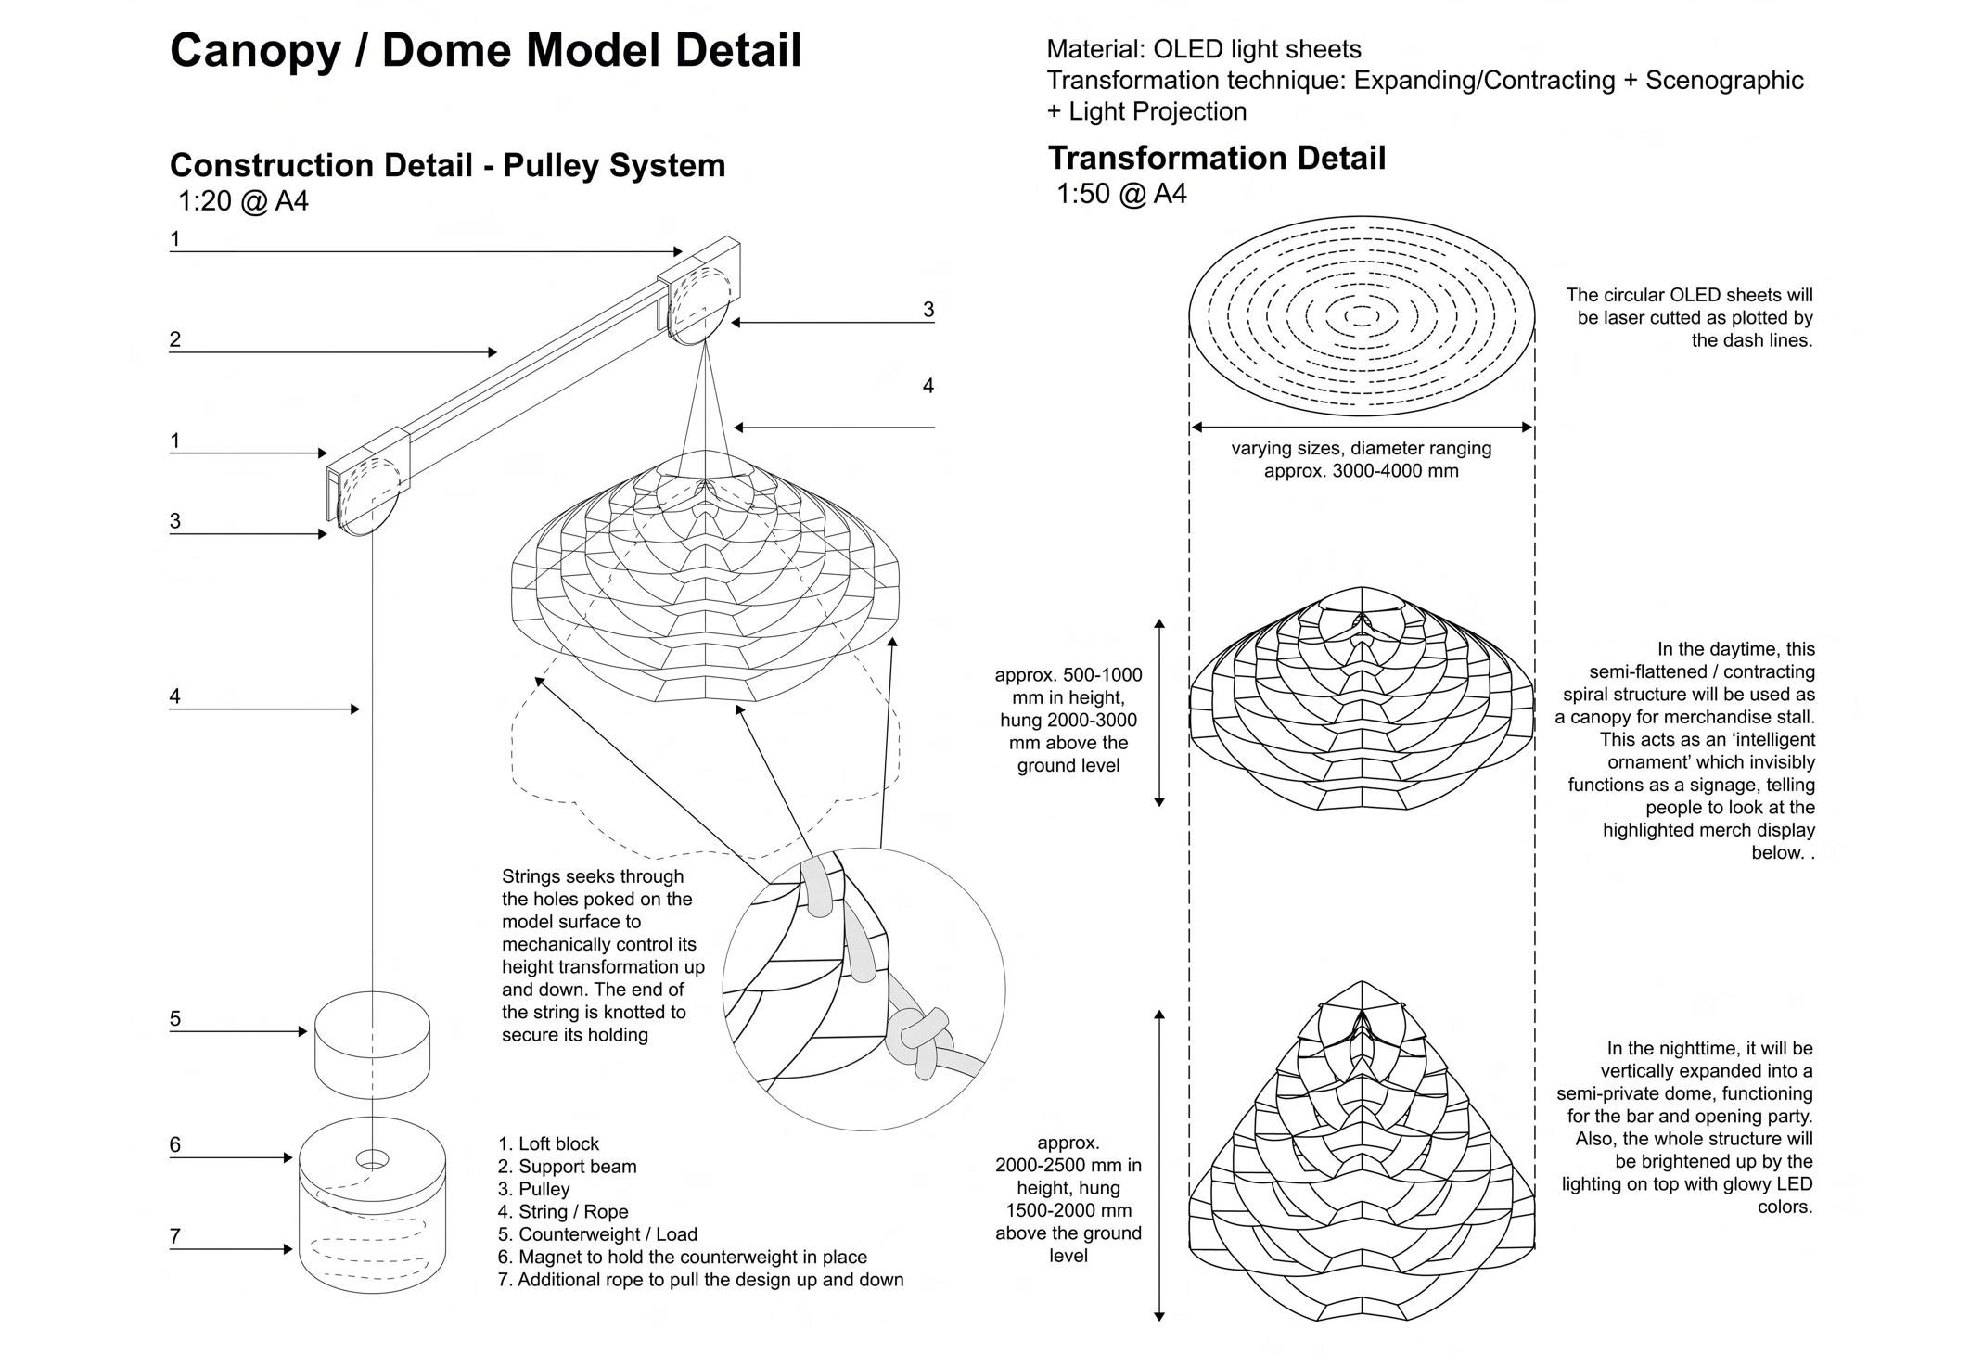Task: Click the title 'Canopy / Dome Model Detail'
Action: [x=485, y=51]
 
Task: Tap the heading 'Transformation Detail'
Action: [x=1216, y=159]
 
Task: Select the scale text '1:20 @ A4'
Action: [x=243, y=201]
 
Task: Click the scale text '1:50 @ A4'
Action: [x=1121, y=195]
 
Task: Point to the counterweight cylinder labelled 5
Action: [x=372, y=1044]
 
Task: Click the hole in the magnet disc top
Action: [x=373, y=1159]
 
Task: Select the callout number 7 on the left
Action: [x=174, y=1236]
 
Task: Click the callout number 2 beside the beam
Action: [x=174, y=339]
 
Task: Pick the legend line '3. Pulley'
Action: [x=533, y=1189]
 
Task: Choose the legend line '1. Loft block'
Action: [x=548, y=1143]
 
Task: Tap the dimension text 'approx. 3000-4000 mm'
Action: [x=1361, y=471]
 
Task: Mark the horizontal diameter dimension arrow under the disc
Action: [x=1361, y=428]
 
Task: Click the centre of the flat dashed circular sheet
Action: [x=1361, y=317]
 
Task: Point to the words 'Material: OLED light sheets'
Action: [x=1203, y=49]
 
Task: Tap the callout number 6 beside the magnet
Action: [x=174, y=1144]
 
